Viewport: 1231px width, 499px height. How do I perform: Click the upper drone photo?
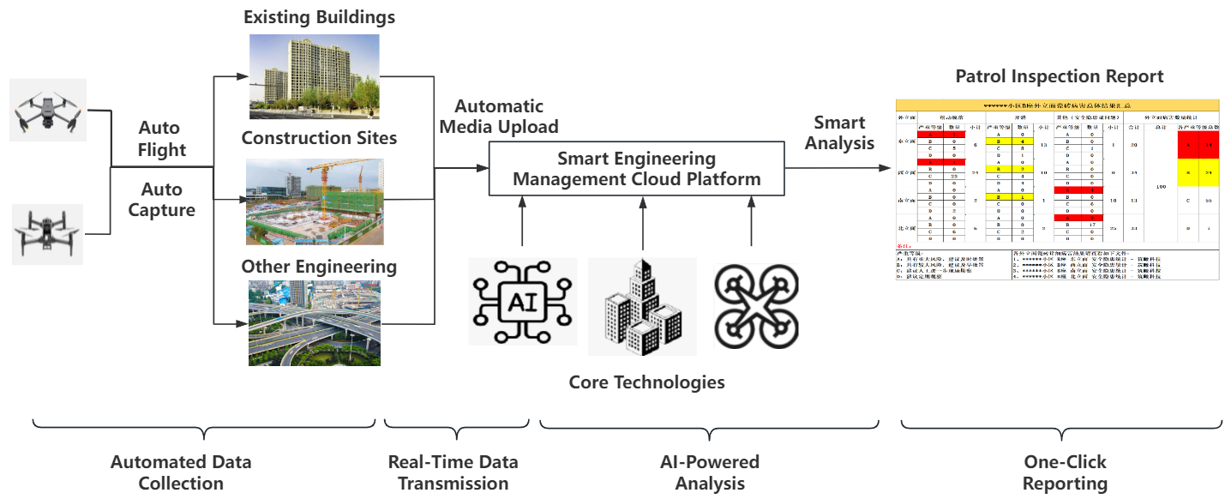click(49, 110)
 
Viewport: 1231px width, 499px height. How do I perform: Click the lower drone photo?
click(49, 234)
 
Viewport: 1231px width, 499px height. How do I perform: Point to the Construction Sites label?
click(319, 138)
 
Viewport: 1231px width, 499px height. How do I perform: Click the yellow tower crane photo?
click(314, 201)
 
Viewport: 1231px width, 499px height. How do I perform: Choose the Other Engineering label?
click(319, 267)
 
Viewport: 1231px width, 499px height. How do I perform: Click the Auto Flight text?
click(162, 139)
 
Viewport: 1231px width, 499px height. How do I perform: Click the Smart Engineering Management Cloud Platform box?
click(636, 169)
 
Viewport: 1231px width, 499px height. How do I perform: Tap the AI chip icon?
click(522, 301)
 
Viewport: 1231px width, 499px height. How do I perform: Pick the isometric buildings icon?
click(642, 306)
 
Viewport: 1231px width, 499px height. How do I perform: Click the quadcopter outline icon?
click(755, 305)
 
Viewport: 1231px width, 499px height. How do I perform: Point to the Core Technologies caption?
click(646, 382)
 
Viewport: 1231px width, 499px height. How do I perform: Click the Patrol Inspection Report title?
click(1060, 76)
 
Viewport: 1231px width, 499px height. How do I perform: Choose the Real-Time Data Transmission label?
click(453, 472)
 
